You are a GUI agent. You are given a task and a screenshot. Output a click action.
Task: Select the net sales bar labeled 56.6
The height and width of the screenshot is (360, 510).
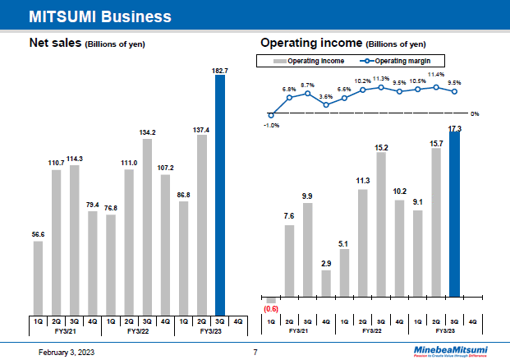pyautogui.click(x=39, y=278)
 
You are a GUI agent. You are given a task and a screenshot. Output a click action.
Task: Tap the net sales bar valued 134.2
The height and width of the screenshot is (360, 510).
pyautogui.click(x=147, y=226)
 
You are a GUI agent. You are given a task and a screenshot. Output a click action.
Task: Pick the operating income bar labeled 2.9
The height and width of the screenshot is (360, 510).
pyautogui.click(x=326, y=283)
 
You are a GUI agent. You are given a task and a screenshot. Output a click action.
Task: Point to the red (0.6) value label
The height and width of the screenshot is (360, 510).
pyautogui.click(x=271, y=308)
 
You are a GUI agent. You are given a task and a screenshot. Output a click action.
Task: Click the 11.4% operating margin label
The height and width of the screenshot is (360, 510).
pyautogui.click(x=436, y=75)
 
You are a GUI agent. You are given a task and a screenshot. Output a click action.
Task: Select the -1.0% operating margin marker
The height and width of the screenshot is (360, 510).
pyautogui.click(x=271, y=114)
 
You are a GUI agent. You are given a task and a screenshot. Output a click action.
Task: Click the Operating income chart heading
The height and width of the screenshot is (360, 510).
pyautogui.click(x=342, y=42)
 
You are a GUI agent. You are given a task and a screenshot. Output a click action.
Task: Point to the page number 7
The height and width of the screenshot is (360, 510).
pyautogui.click(x=255, y=352)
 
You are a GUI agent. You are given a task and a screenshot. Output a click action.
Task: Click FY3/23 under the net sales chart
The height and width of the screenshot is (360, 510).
pyautogui.click(x=210, y=330)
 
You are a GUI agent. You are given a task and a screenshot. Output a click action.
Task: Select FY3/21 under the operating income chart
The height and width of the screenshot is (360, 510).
pyautogui.click(x=299, y=330)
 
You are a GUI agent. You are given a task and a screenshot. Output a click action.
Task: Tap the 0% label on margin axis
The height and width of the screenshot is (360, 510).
pyautogui.click(x=475, y=114)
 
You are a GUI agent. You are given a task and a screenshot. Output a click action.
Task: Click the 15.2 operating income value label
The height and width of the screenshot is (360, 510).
pyautogui.click(x=381, y=147)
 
